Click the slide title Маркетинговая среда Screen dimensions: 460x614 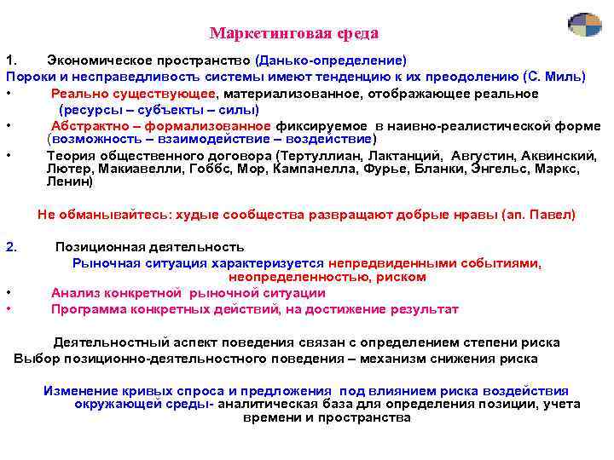tap(294, 34)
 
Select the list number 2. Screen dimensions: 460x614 tap(11, 247)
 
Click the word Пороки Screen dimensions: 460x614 tap(29, 77)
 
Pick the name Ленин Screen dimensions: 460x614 tap(70, 181)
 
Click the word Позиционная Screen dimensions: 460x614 tap(96, 247)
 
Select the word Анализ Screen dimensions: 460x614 tap(74, 293)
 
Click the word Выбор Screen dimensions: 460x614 tap(32, 359)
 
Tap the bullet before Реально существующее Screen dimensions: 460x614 tap(7, 94)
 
